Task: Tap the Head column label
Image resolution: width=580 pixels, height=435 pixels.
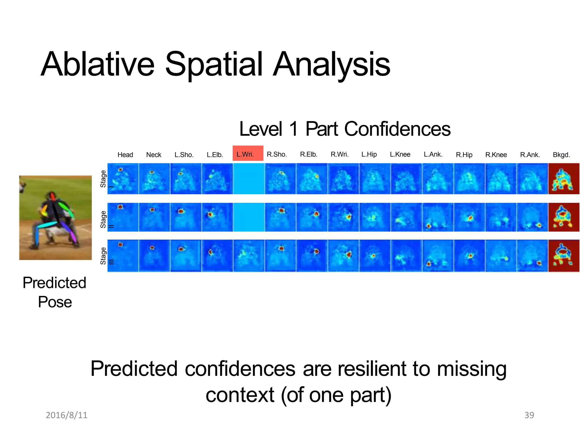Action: [x=125, y=155]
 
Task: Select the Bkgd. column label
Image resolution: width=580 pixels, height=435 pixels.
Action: [x=561, y=155]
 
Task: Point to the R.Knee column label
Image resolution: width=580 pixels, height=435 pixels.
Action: [x=496, y=155]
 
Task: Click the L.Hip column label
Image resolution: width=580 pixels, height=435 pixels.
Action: [x=369, y=154]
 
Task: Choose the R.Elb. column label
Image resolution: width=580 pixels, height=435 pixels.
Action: [x=309, y=154]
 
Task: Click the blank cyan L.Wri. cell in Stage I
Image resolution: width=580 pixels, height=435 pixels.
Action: [x=248, y=179]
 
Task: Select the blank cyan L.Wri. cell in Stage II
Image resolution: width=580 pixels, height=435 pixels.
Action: [x=248, y=217]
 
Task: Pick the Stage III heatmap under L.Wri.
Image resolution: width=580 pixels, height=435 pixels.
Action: [x=248, y=256]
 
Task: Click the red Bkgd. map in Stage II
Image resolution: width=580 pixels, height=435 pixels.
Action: [x=564, y=217]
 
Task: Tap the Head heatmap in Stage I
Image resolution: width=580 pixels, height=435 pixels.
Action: [x=123, y=179]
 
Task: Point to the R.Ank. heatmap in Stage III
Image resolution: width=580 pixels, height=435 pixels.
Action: [x=532, y=256]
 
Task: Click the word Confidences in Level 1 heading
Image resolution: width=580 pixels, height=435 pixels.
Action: [x=397, y=129]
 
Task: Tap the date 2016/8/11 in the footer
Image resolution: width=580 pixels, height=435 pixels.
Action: [x=67, y=415]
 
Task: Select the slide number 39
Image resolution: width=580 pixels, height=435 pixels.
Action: [x=529, y=415]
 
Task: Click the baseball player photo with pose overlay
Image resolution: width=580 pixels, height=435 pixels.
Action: [x=56, y=217]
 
